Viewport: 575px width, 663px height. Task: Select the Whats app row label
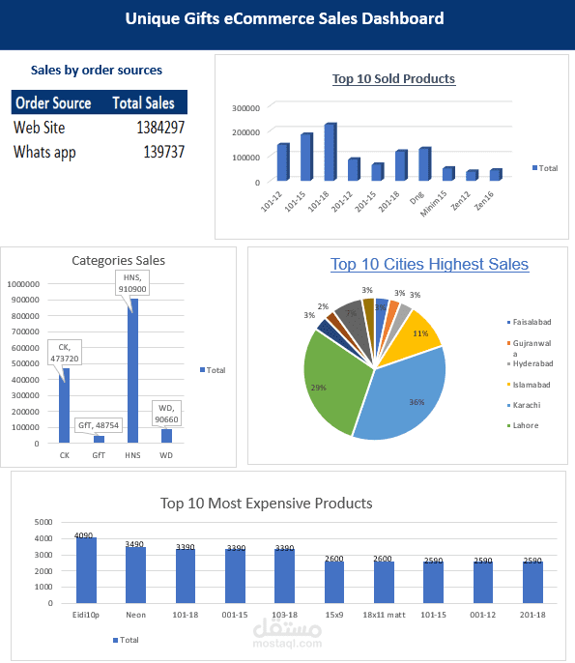coord(44,152)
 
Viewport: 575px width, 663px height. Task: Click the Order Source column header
coord(53,102)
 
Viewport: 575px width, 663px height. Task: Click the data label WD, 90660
coord(166,414)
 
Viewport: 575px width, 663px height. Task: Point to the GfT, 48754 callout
coord(98,424)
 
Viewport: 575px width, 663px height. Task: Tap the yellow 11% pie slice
coord(417,333)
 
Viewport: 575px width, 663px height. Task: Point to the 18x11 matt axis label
coord(384,613)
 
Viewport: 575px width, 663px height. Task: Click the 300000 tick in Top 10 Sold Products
coord(246,107)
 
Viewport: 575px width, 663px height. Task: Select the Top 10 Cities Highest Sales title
coord(429,264)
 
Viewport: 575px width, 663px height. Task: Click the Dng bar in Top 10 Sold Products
coord(423,164)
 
